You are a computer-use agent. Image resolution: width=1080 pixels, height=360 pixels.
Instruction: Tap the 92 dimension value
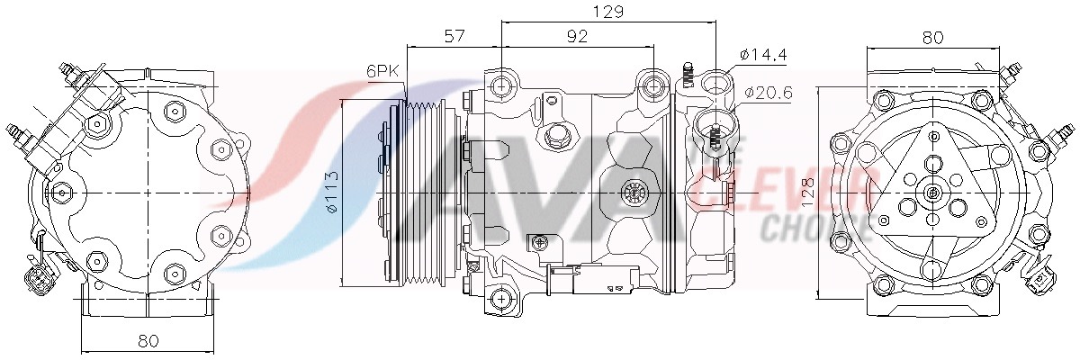(577, 36)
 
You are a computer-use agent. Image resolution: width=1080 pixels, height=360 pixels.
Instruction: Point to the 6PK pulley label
(382, 71)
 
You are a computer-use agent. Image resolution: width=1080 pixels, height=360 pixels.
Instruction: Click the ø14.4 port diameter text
(763, 55)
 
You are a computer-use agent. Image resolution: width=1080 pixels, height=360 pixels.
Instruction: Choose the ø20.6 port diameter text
(768, 91)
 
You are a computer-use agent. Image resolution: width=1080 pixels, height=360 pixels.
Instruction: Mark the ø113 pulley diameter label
(332, 193)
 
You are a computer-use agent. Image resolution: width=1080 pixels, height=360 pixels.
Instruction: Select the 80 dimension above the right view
(932, 37)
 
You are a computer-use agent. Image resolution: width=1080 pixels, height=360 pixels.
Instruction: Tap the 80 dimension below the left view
(148, 341)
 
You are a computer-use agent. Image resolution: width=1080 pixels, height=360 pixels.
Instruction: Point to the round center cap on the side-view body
(635, 191)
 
